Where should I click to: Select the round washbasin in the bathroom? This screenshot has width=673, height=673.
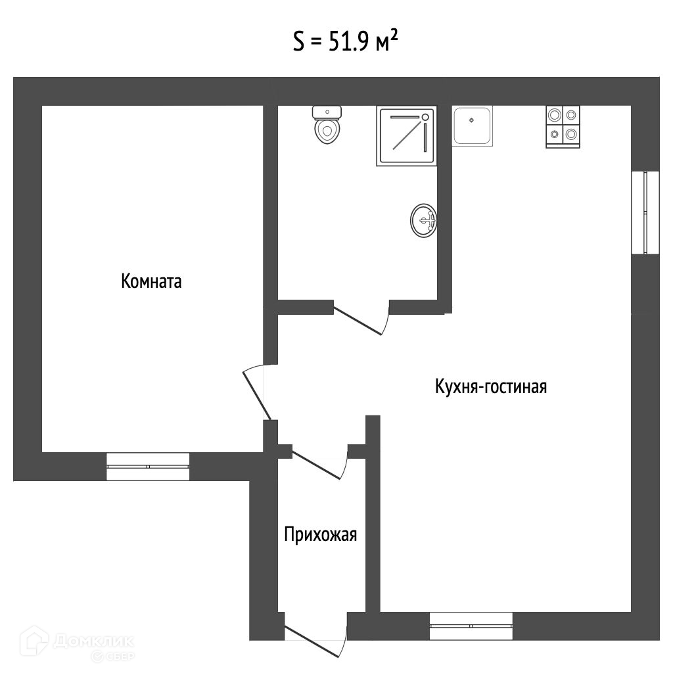pos(423,220)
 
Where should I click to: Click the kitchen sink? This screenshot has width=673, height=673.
pos(473,126)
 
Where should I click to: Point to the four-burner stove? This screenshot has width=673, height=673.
pos(563,126)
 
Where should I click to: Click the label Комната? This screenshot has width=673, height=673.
pos(151,282)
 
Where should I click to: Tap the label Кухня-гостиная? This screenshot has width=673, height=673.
pos(491,386)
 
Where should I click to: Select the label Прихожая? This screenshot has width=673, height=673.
pos(320,535)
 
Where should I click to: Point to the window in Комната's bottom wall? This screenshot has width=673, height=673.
pos(148,466)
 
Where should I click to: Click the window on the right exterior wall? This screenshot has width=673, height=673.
pos(645,212)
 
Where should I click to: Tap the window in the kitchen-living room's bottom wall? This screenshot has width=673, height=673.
pos(471,626)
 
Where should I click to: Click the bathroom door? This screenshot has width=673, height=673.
pos(360,318)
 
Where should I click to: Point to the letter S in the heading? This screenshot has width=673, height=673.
pos(298,43)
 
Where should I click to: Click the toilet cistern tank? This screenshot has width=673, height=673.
pos(327,111)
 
